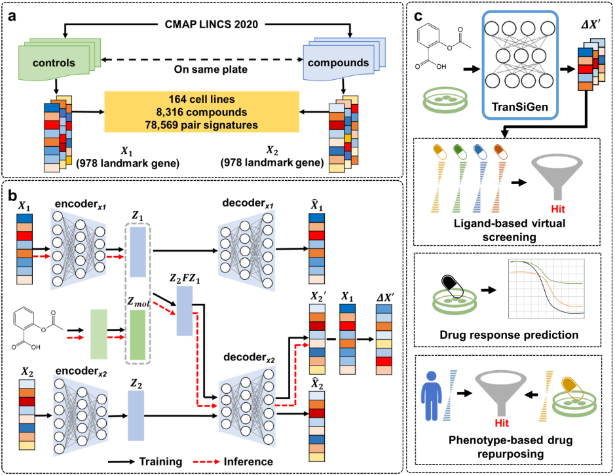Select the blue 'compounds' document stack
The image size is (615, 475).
pyautogui.click(x=344, y=58)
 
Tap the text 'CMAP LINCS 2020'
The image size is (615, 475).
pyautogui.click(x=212, y=24)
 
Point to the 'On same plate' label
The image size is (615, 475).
pyautogui.click(x=211, y=69)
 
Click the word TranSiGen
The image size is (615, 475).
pyautogui.click(x=519, y=107)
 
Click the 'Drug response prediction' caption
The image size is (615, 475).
pyautogui.click(x=509, y=335)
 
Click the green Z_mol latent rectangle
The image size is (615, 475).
pyautogui.click(x=138, y=335)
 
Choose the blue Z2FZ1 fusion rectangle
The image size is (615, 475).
pyautogui.click(x=184, y=311)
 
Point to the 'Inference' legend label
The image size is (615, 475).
pyautogui.click(x=248, y=462)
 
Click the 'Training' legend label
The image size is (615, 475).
pyautogui.click(x=161, y=462)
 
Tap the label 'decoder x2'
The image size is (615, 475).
pyautogui.click(x=249, y=358)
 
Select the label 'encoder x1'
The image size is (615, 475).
pyautogui.click(x=81, y=204)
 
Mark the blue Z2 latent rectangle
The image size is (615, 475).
pyautogui.click(x=136, y=415)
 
